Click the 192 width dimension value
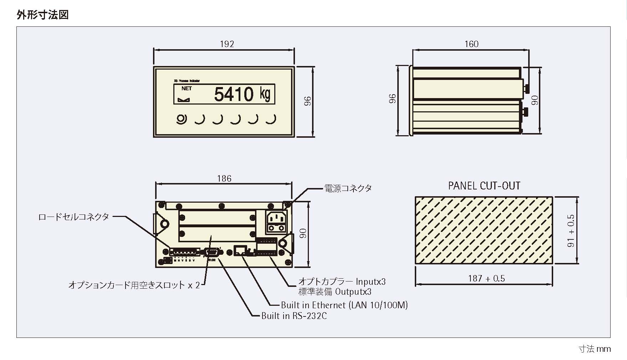[x=227, y=44]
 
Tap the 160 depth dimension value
[x=471, y=44]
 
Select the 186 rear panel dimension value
[x=224, y=178]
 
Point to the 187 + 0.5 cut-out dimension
[x=486, y=278]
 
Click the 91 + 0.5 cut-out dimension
[x=571, y=231]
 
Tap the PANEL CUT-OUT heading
[x=484, y=186]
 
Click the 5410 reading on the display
[x=234, y=95]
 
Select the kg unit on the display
[x=265, y=94]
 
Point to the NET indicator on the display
[x=186, y=88]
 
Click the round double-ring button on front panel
[x=182, y=119]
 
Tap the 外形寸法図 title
[x=42, y=15]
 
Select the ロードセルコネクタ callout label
[x=73, y=217]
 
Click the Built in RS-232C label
[x=294, y=316]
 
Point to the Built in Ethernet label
[x=344, y=305]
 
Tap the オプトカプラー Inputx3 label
[x=342, y=282]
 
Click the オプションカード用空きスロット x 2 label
[x=134, y=285]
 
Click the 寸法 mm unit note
[x=595, y=349]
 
